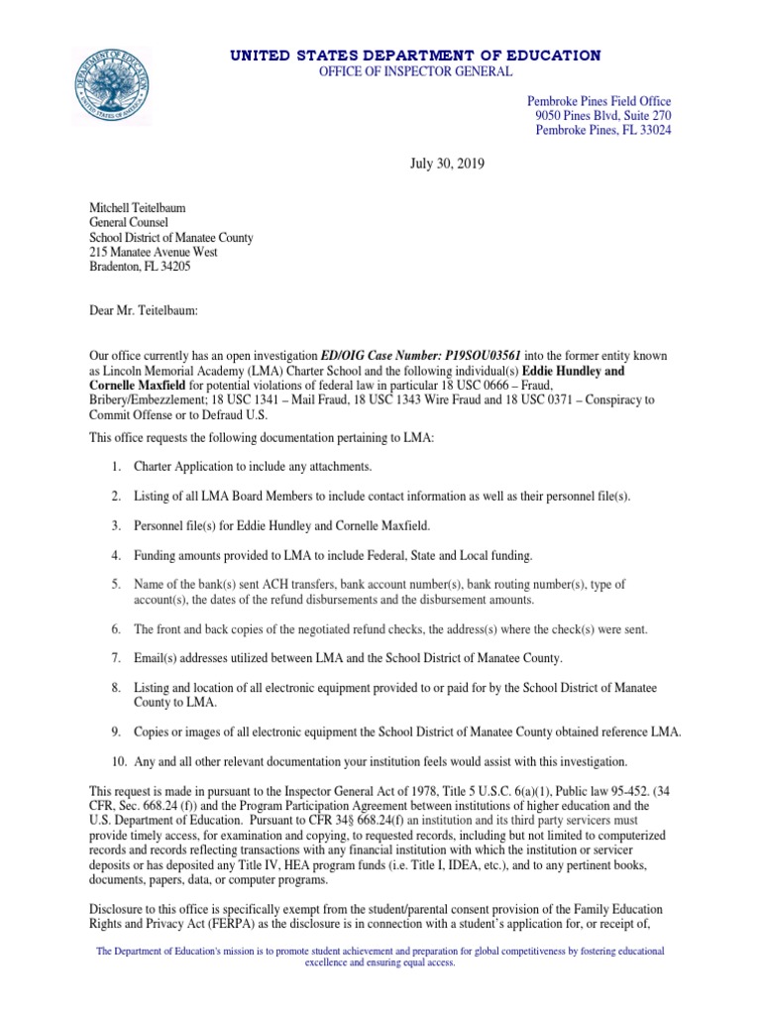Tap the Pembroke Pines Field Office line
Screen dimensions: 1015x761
pyautogui.click(x=598, y=102)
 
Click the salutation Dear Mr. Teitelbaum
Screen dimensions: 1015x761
pyautogui.click(x=145, y=311)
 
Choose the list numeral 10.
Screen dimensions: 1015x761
pyautogui.click(x=117, y=761)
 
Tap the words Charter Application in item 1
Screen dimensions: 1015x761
pyautogui.click(x=182, y=465)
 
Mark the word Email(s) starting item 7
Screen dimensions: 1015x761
pyautogui.click(x=158, y=657)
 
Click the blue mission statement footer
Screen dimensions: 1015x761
pyautogui.click(x=380, y=957)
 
